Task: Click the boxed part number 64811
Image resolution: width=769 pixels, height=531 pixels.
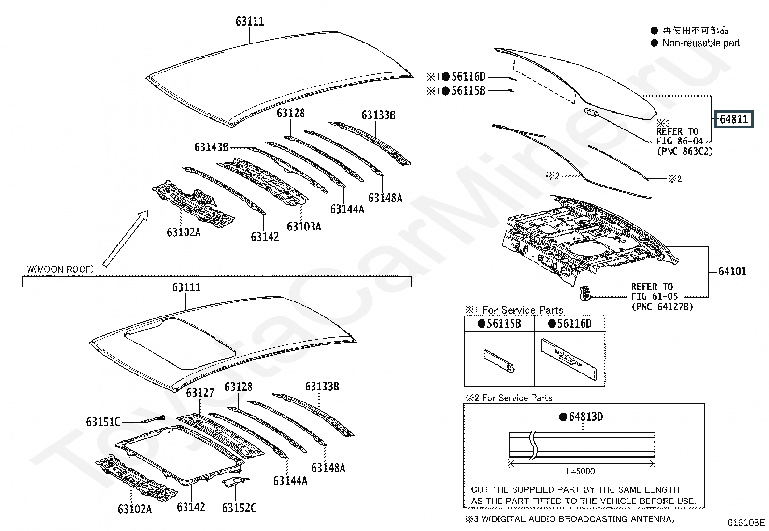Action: (733, 119)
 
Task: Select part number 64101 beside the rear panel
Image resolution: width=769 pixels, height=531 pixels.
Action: (732, 271)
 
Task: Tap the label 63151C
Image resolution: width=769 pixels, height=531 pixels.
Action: (103, 422)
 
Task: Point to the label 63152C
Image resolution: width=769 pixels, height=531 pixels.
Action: (239, 507)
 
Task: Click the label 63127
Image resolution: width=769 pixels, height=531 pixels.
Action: (200, 392)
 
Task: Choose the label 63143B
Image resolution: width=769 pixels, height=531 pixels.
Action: (211, 146)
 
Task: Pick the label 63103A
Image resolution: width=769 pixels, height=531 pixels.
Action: (303, 226)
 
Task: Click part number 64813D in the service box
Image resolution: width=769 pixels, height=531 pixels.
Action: (585, 416)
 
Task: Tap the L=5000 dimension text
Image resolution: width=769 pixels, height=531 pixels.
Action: (580, 471)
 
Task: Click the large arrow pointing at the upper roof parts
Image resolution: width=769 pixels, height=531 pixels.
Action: (125, 239)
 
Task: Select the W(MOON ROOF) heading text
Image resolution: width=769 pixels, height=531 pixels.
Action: (60, 269)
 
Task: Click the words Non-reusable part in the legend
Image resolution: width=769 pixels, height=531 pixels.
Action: (701, 43)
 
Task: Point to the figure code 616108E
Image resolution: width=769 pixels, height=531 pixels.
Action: (746, 522)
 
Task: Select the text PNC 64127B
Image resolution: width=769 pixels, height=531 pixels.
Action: (662, 306)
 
